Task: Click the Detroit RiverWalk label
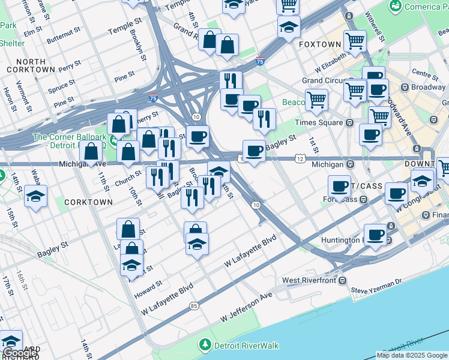(246, 346)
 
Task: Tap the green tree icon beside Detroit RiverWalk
(205, 345)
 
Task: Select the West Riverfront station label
(308, 280)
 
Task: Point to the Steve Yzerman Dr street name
(375, 291)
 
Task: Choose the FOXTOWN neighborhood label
(319, 44)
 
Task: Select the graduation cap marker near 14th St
(36, 197)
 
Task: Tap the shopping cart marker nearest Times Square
(316, 99)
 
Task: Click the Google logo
(19, 353)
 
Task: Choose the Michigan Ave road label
(82, 164)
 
